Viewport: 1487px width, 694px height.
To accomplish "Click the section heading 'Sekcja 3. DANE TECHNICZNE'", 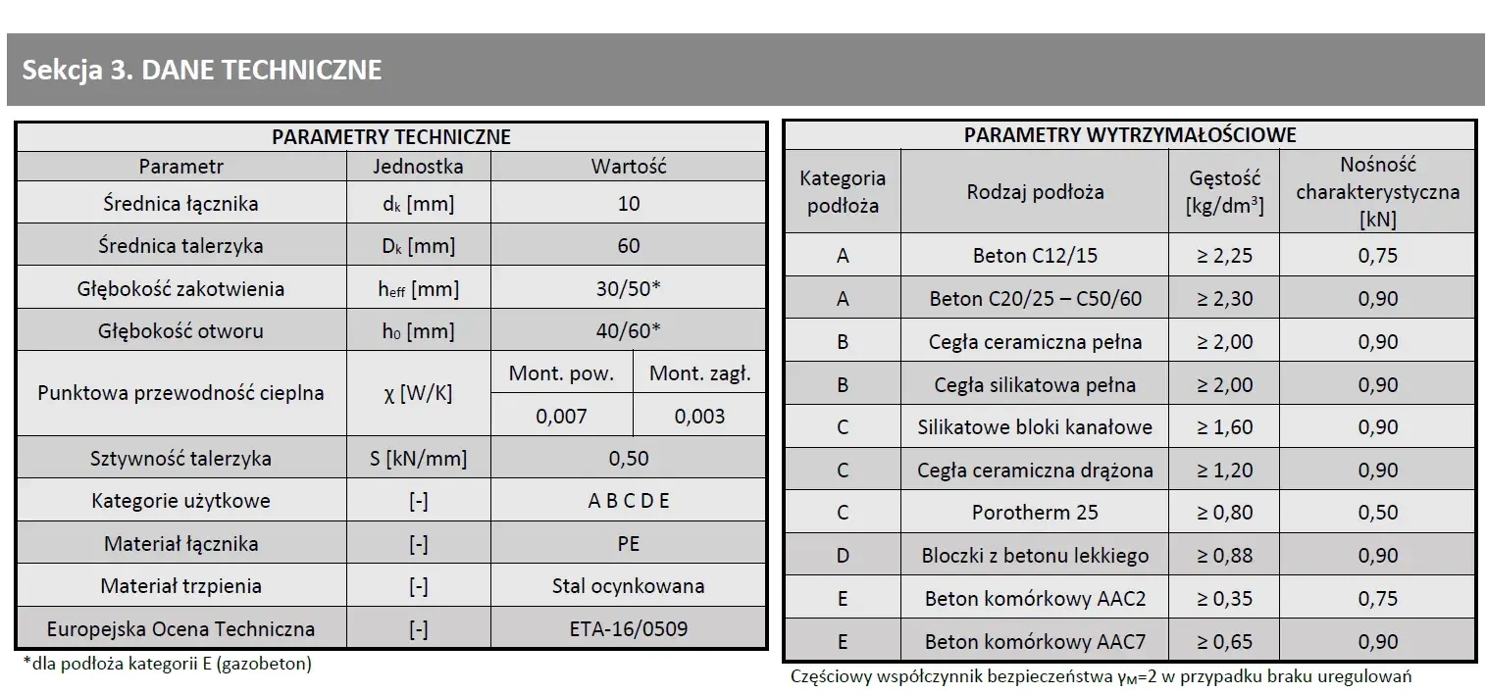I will [202, 71].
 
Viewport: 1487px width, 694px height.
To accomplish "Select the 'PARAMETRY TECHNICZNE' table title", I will [391, 137].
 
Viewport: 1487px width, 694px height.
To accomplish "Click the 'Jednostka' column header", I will [418, 167].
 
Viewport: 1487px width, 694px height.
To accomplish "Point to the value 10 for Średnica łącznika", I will [629, 204].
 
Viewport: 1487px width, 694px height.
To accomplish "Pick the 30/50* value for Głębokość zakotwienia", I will [629, 289].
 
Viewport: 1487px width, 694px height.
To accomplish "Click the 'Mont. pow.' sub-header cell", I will [562, 373].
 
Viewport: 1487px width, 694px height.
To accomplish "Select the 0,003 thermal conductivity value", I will [699, 416].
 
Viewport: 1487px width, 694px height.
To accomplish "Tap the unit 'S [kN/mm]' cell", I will [418, 459].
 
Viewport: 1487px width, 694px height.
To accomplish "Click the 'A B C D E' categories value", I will [629, 501].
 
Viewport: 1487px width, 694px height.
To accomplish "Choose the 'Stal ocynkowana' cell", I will [629, 586].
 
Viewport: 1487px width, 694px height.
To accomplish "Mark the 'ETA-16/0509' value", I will [629, 628].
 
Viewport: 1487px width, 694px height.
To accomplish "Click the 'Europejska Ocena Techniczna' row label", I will [181, 628].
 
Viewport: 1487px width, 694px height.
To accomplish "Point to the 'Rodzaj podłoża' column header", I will [1035, 192].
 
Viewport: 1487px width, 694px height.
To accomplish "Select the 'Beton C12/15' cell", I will [1035, 257].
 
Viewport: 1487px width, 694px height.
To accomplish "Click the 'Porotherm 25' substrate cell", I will [1035, 513].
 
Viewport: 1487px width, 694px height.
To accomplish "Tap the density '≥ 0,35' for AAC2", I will [1224, 599].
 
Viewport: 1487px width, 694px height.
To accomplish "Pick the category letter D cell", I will [843, 556].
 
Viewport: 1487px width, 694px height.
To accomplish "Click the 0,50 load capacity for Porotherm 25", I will [1377, 513].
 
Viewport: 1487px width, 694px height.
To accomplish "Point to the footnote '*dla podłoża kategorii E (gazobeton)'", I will [167, 664].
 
